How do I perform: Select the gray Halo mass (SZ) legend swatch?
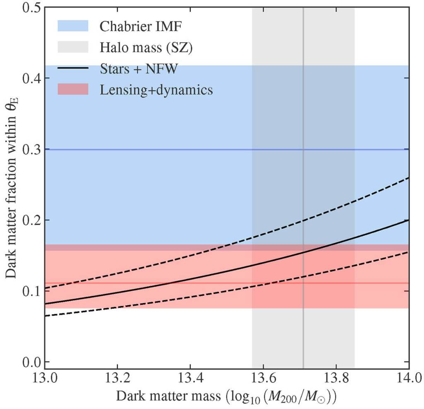[x=73, y=47]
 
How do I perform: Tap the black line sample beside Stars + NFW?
[x=73, y=68]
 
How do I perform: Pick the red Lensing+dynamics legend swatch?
[x=73, y=89]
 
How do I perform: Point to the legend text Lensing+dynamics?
[x=156, y=90]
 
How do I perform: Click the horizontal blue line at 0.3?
[x=166, y=149]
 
